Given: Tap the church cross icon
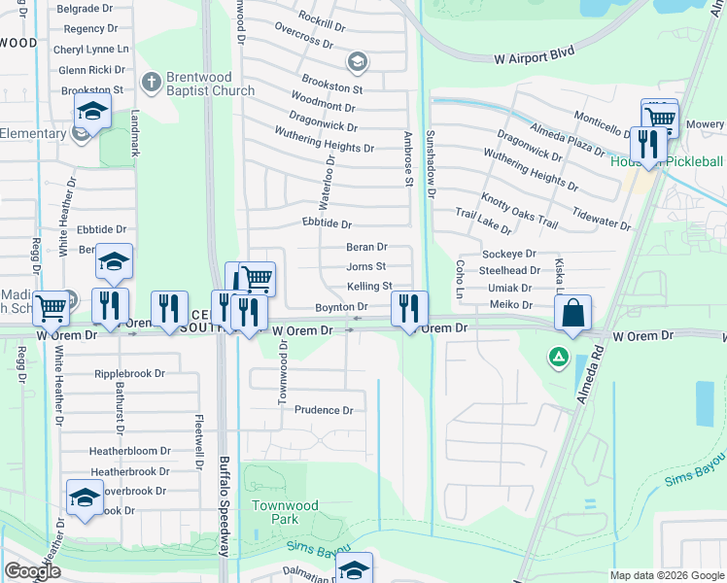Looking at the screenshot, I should pos(152,82).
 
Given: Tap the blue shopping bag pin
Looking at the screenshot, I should pos(573,313).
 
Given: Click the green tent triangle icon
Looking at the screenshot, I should pos(559,357).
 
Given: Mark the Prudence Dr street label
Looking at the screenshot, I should pos(324,410).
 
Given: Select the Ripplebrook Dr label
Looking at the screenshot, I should pos(130,373).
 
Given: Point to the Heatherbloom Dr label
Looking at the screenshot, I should pos(130,451).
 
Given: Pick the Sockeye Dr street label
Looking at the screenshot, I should pos(509,254).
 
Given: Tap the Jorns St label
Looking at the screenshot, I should pos(366,266).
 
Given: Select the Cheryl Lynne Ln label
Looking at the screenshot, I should pos(91,49).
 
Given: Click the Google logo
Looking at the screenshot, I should pos(33,570).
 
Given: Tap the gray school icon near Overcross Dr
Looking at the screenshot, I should pos(357,63).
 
